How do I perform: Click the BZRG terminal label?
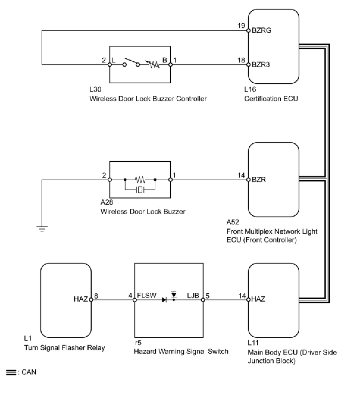(x=262, y=30)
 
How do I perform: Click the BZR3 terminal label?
(x=261, y=65)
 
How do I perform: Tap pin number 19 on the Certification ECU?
(x=241, y=26)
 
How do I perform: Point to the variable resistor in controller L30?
(x=152, y=64)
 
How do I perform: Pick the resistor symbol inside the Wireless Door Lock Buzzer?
(x=140, y=179)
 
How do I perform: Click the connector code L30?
(x=95, y=89)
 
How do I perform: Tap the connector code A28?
(x=107, y=202)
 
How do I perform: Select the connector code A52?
(x=233, y=222)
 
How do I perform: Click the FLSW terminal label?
(x=147, y=295)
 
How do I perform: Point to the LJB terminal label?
(x=193, y=295)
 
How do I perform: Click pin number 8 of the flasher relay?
(x=96, y=296)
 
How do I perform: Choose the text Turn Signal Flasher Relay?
(x=65, y=347)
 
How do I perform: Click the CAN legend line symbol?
(x=11, y=372)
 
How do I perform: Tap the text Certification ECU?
(x=271, y=98)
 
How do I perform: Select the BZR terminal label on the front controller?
(x=259, y=180)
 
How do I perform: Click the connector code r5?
(x=138, y=342)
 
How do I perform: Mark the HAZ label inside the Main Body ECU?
(x=258, y=299)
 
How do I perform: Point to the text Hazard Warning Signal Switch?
(x=181, y=351)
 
